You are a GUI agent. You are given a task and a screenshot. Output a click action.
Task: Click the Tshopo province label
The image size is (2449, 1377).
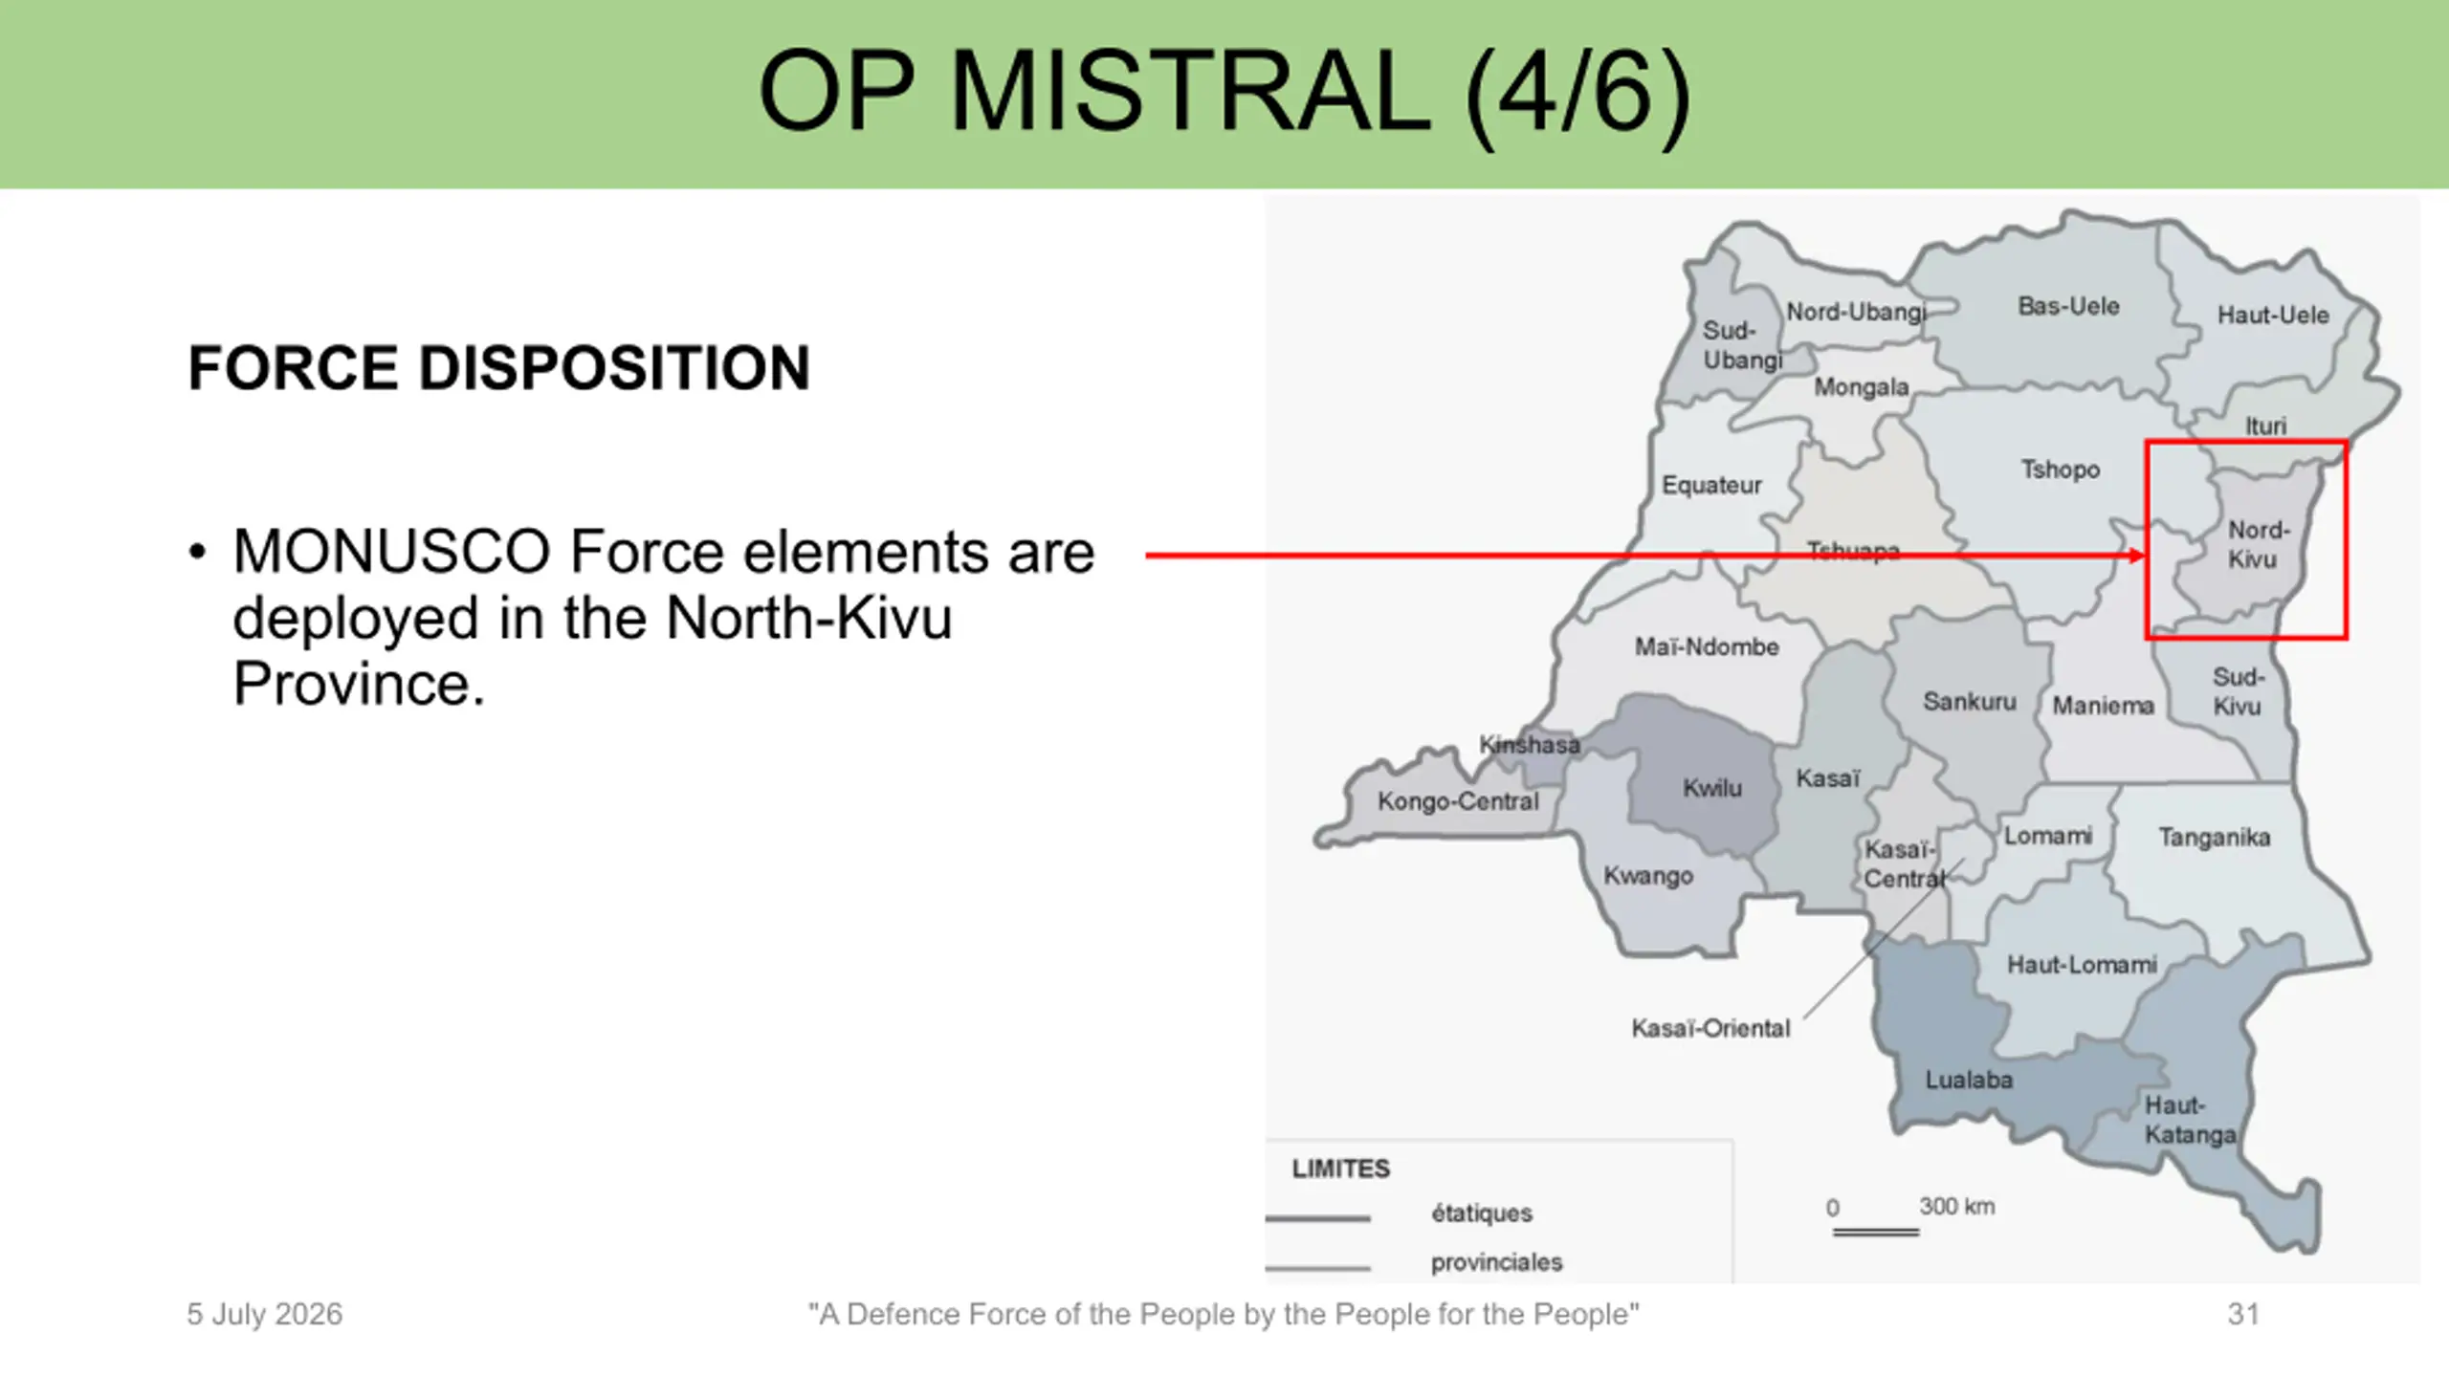coord(2060,470)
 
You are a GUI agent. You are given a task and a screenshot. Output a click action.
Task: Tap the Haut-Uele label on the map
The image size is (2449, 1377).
coord(2273,315)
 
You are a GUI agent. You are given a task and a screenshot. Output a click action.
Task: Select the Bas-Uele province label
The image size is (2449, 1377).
coord(2068,306)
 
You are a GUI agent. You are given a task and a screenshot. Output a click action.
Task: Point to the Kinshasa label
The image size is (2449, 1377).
coord(1529,744)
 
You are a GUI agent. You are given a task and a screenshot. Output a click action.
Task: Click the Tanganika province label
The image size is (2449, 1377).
coord(2214,838)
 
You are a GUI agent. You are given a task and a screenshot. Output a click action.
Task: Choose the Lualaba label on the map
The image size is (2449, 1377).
coord(1969,1080)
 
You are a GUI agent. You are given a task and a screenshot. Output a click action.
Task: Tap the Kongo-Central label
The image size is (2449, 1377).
coord(1458,801)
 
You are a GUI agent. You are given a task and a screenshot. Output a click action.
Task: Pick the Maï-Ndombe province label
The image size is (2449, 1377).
coord(1707,647)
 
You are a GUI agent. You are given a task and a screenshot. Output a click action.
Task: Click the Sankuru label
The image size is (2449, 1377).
coord(1969,702)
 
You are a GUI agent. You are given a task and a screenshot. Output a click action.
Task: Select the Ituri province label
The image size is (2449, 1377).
coord(2265,426)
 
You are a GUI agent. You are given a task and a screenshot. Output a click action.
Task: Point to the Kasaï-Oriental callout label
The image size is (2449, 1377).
coord(1710,1028)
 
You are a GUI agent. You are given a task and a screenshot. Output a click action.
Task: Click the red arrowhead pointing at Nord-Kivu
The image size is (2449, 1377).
coord(2136,555)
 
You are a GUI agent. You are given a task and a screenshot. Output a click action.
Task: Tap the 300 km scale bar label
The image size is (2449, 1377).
coord(1956,1206)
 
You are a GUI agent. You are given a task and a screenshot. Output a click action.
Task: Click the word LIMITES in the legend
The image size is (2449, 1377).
coord(1340,1169)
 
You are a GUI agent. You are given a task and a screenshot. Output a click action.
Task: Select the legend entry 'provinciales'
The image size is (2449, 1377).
coord(1496,1262)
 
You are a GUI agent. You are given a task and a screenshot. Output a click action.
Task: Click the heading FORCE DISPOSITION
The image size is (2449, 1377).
coord(498,368)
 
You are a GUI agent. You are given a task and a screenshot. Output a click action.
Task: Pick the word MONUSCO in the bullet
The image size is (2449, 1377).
coord(391,552)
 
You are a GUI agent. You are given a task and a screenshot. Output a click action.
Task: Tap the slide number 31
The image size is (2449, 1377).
coord(2242,1314)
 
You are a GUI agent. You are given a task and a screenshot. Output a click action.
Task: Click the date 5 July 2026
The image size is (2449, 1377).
coord(264,1314)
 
